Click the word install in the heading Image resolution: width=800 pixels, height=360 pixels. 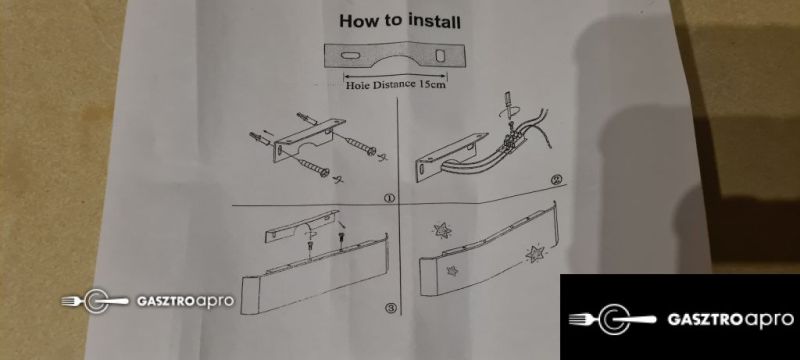pos(434,21)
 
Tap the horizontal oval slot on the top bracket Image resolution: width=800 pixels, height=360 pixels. pos(350,55)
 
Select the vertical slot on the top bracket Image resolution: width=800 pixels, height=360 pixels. pos(440,56)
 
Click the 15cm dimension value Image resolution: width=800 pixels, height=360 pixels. pos(432,85)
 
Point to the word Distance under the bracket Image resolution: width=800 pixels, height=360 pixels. pos(394,85)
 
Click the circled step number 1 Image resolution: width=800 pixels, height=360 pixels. pos(389,198)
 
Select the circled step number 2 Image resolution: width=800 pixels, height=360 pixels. pos(556,180)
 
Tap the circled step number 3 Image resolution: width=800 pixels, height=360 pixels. pos(390,307)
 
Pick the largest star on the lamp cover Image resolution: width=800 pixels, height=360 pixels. pos(535,253)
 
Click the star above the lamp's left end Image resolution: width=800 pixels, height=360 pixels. pos(442,230)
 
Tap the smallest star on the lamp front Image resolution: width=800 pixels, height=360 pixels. pos(452,271)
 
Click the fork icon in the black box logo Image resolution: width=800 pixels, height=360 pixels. pos(583,319)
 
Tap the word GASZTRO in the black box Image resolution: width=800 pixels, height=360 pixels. pos(705,320)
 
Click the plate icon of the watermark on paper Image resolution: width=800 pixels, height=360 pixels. pos(95,301)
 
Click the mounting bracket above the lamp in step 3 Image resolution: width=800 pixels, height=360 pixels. pos(302,226)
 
